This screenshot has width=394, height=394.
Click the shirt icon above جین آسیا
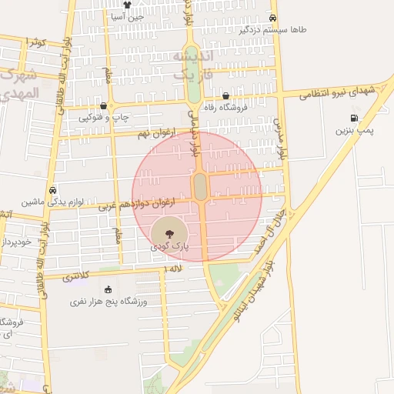point(116,5)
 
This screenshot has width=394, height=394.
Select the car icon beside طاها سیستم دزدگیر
point(272,18)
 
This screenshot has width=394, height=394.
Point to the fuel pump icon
point(354,119)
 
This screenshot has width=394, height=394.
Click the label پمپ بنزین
point(354,131)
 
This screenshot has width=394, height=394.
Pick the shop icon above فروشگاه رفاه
point(225,97)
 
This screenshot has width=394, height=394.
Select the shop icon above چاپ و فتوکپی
point(103,106)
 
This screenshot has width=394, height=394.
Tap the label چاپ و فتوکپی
point(101,118)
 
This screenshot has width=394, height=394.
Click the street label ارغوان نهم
point(152,134)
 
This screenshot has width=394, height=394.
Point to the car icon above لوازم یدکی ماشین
point(52,190)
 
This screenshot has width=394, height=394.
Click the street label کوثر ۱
point(36,42)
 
